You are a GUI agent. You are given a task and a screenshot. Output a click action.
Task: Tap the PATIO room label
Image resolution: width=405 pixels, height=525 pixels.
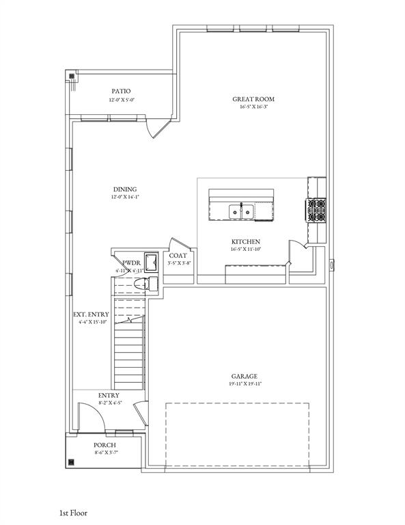pos(121,91)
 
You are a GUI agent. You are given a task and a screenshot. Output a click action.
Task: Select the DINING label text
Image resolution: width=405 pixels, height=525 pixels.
pos(125,189)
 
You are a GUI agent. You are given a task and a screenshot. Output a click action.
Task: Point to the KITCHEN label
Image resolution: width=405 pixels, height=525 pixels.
pos(245,242)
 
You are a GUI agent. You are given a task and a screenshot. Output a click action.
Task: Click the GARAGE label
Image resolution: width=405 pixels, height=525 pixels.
pos(244,376)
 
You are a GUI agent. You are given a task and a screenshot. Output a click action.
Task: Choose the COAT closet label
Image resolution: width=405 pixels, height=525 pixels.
pos(178,256)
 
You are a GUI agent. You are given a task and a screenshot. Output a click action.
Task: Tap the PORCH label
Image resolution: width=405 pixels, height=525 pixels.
pos(105,445)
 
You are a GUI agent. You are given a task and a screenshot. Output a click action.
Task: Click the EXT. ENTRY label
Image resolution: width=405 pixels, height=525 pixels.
pos(91,314)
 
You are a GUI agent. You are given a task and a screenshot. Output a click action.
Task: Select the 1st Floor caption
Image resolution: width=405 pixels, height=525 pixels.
pos(72,511)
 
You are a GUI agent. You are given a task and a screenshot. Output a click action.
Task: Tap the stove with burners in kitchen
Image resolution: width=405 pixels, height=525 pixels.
pos(316,211)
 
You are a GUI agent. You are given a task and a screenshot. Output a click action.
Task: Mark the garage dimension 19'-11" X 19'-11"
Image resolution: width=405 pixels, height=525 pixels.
pos(244,384)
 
